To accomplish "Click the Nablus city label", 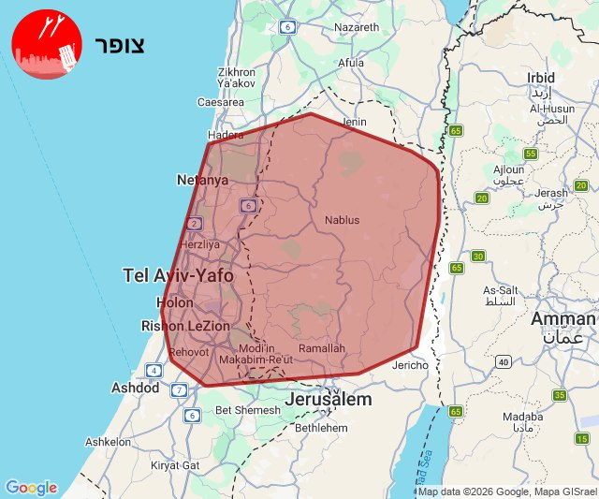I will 342,220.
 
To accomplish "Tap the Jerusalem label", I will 328,400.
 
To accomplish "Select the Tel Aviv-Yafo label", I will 178,275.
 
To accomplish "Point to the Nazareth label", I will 357,27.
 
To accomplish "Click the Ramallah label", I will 322,348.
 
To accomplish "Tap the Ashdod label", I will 136,388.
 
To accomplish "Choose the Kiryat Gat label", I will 176,464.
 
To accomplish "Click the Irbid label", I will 541,78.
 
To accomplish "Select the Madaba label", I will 522,418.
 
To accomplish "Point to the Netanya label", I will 202,180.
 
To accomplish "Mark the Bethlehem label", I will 321,428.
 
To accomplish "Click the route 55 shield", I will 531,154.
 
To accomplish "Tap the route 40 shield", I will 504,362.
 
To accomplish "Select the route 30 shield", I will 478,257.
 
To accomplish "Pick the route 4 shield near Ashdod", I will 153,371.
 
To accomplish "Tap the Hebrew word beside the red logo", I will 119,45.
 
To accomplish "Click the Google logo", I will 31,488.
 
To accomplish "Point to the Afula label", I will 351,63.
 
